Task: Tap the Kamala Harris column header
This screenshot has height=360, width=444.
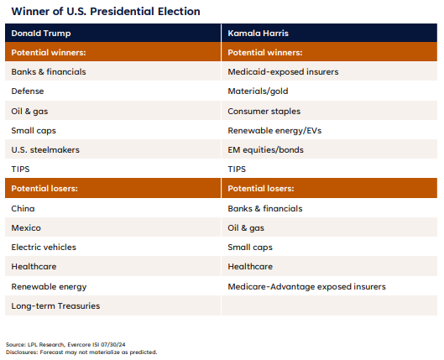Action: coord(257,33)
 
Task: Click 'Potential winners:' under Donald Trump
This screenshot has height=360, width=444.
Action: coord(49,52)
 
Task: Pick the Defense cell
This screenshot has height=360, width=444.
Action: coord(28,91)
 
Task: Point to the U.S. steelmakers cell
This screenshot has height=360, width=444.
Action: coord(44,149)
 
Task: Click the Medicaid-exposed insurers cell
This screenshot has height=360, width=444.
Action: coord(283,71)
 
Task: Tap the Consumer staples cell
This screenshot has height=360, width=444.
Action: coord(264,111)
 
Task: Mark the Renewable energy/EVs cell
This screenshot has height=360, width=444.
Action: coord(274,130)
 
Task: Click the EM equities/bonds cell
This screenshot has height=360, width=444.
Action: coord(265,149)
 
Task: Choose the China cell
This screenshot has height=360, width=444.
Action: coord(24,208)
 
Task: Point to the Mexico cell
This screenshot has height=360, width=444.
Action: coord(26,227)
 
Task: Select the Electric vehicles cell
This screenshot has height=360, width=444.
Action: coord(44,247)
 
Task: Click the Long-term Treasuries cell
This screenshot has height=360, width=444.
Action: coord(55,305)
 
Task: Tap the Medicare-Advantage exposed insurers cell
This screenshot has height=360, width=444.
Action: coord(306,286)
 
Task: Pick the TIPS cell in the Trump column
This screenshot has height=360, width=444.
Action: coord(22,169)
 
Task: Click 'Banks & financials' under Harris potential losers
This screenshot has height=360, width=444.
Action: coord(265,208)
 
